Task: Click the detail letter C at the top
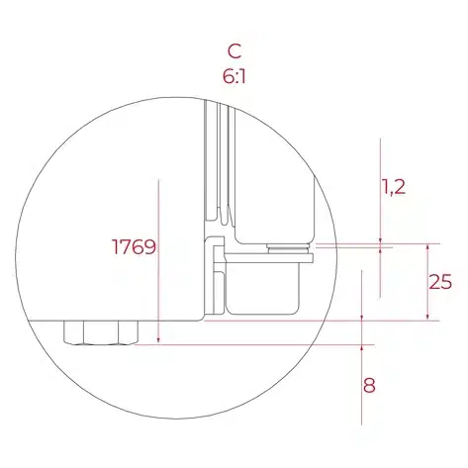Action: coord(234,51)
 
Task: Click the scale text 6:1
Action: coord(234,77)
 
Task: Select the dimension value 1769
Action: coord(134,246)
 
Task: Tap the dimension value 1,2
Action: coord(393,187)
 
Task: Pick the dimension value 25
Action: coord(440,282)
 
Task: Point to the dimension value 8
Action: coord(369,385)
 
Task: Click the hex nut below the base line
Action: coord(101,332)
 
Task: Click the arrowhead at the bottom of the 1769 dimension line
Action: coord(158,340)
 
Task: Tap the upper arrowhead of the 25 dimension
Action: coord(428,247)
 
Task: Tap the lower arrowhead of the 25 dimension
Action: coord(428,317)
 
